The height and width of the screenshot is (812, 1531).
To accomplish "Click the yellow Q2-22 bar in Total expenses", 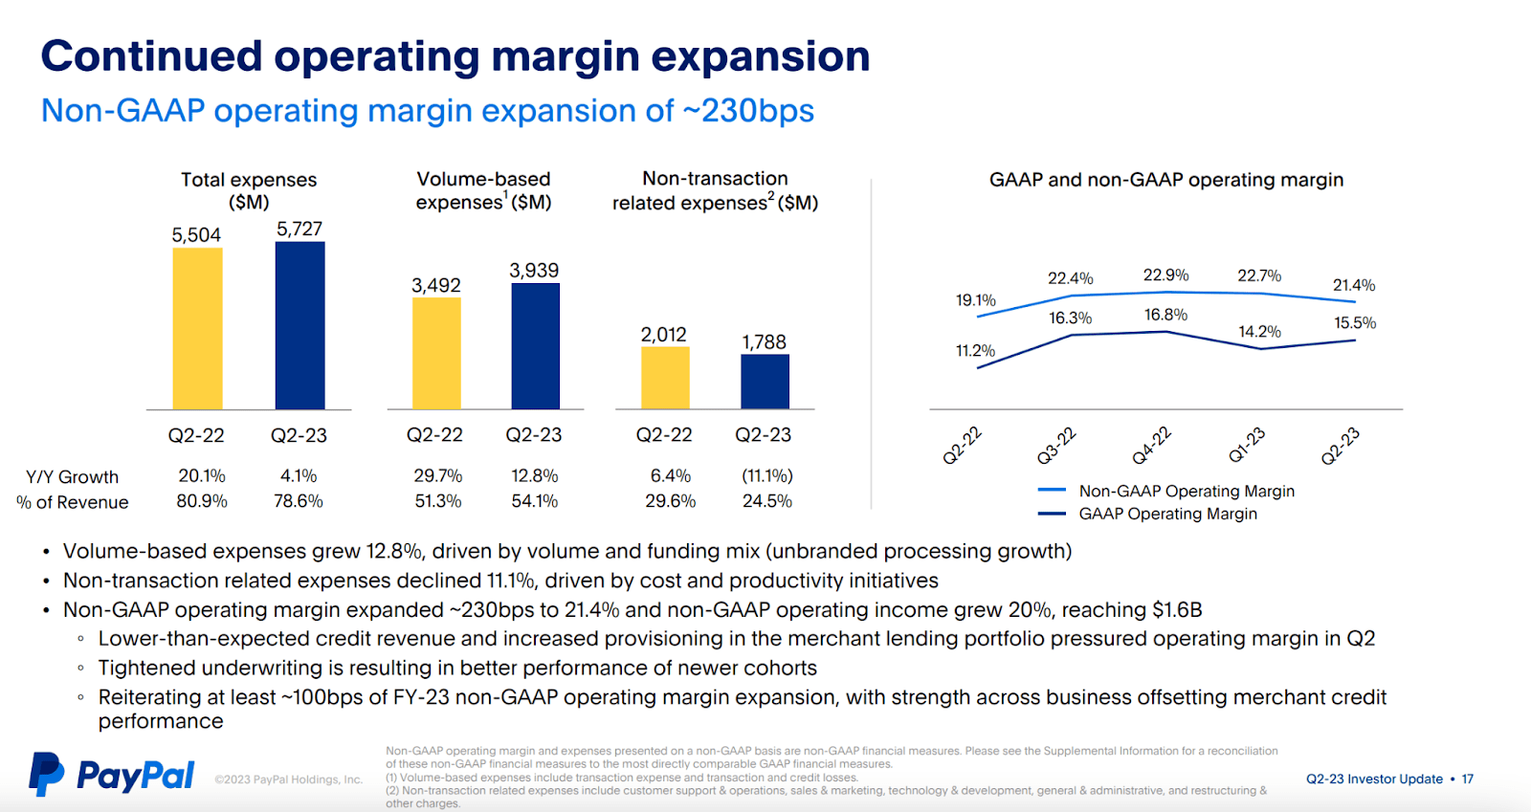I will pos(197,328).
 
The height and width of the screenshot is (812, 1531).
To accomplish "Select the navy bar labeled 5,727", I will pos(300,325).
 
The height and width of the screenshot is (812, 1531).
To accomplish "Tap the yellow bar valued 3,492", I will pos(436,353).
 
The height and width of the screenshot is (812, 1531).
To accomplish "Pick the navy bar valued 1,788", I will pos(765,382).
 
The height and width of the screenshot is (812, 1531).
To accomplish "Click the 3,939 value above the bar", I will pos(534,271).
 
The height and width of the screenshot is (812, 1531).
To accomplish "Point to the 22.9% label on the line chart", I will pos(1165,275).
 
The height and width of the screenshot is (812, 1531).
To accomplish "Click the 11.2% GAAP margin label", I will pos(975,351).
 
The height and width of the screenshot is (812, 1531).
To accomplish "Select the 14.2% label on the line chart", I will pos(1259,332).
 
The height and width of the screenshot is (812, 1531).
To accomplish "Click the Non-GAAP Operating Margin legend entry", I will pos(1186,491).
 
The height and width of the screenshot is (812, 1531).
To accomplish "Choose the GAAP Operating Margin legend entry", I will pos(1167,514).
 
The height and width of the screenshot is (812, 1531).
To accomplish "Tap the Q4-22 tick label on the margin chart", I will pos(1151,446).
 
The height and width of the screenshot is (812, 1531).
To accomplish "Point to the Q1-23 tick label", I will pos(1246,446).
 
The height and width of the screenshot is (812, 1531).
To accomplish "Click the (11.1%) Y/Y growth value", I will pos(766,475).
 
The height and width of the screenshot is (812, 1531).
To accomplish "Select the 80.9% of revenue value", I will pos(202,501).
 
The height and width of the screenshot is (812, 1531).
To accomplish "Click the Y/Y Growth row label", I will pos(73,476).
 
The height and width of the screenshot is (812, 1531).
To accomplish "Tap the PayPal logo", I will pos(112,774).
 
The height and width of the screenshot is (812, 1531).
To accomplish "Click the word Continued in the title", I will pos(151,56).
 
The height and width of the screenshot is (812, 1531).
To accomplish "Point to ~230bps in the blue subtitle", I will pos(747,111).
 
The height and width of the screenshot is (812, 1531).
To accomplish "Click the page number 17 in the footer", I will pos(1467,779).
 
